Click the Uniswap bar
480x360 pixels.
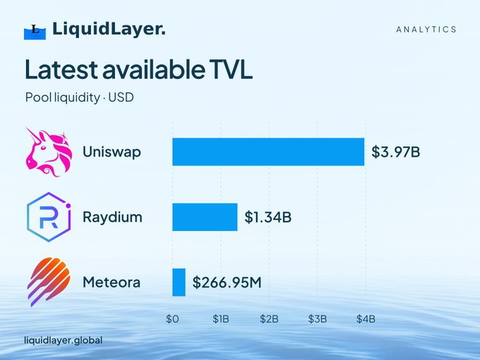pyautogui.click(x=268, y=152)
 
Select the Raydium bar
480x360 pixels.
pyautogui.click(x=205, y=217)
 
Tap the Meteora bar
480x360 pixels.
pyautogui.click(x=179, y=282)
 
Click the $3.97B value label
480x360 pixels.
pyautogui.click(x=395, y=152)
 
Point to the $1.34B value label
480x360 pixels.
pyautogui.click(x=268, y=217)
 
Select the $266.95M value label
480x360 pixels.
pyautogui.click(x=227, y=282)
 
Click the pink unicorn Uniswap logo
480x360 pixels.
pyautogui.click(x=49, y=152)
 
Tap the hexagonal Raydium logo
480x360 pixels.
pyautogui.click(x=49, y=217)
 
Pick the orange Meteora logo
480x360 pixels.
pyautogui.click(x=49, y=282)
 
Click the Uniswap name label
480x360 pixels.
pyautogui.click(x=112, y=152)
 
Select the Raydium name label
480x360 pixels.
pyautogui.click(x=112, y=217)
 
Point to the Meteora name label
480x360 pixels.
pyautogui.click(x=112, y=282)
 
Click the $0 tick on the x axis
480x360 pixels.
pyautogui.click(x=172, y=319)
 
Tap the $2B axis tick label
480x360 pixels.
pyautogui.click(x=269, y=319)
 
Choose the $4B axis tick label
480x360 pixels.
pyautogui.click(x=366, y=319)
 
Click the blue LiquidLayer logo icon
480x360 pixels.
pyautogui.click(x=35, y=32)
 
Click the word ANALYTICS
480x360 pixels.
pyautogui.click(x=426, y=30)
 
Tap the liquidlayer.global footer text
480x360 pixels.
pyautogui.click(x=64, y=340)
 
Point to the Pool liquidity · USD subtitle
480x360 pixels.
pyautogui.click(x=80, y=97)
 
